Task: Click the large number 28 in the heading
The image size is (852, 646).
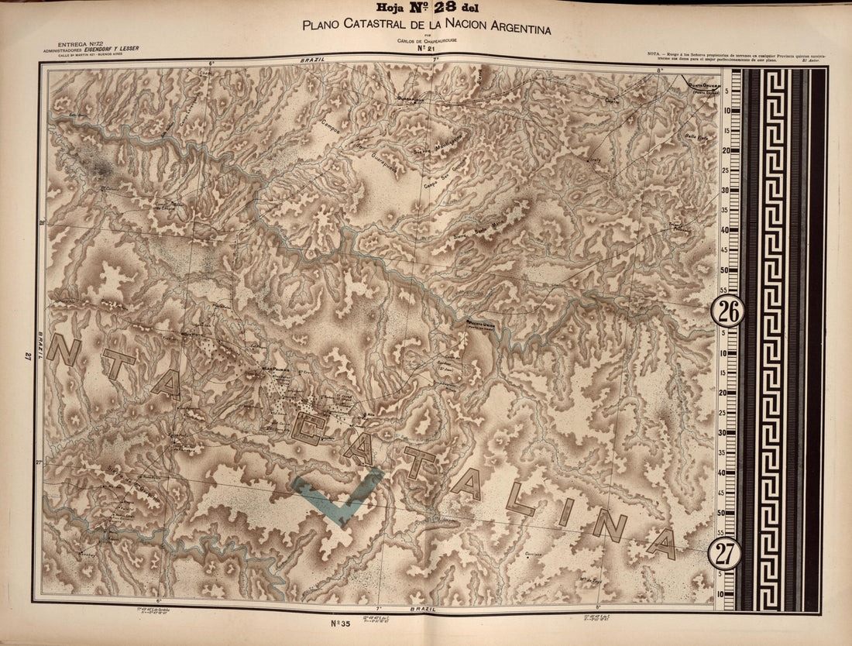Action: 445,9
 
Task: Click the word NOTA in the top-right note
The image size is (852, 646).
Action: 654,53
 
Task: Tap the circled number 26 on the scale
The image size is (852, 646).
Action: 727,311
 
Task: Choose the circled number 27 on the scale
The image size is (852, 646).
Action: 725,554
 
